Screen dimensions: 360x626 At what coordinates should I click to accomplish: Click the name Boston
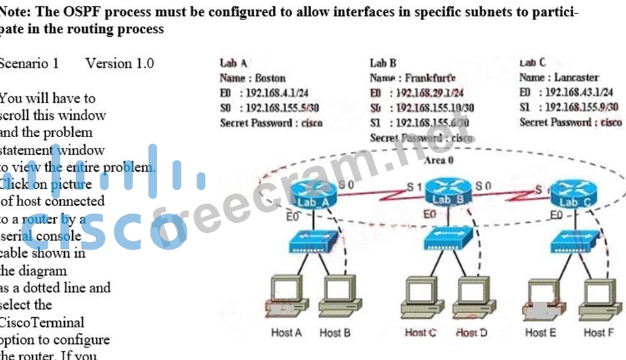(270, 78)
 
